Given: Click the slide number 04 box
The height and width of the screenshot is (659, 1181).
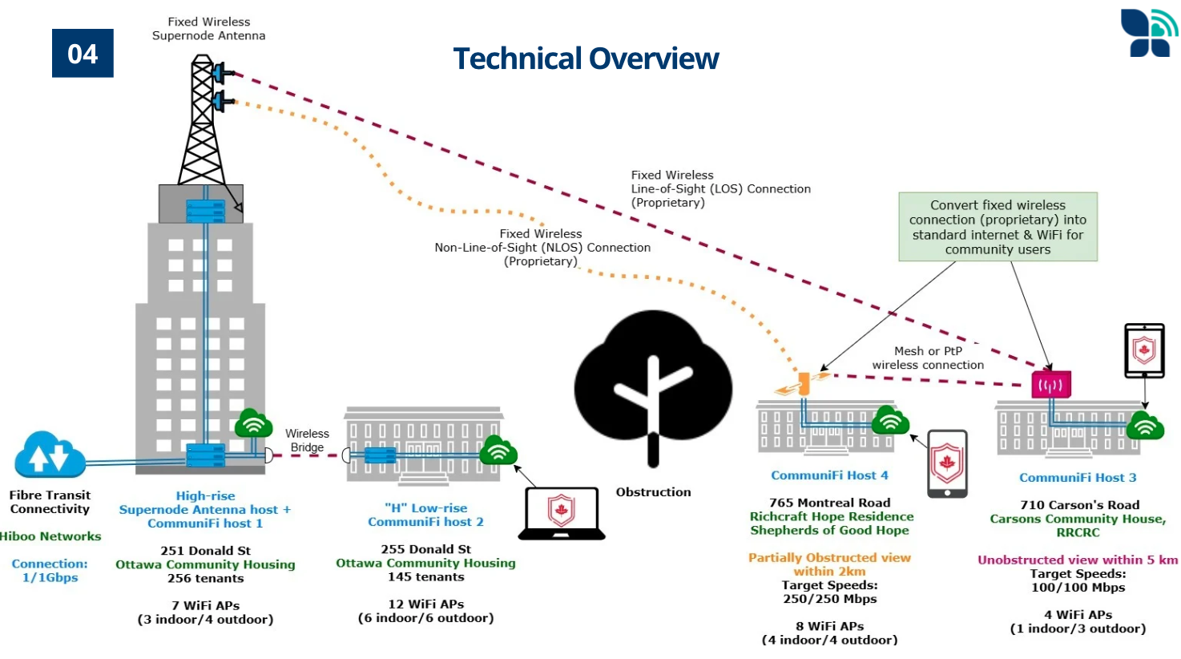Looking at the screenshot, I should click(x=83, y=54).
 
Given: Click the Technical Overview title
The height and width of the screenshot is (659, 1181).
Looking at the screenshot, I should click(x=586, y=59).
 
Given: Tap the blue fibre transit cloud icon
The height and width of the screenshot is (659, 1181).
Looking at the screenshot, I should click(x=50, y=455).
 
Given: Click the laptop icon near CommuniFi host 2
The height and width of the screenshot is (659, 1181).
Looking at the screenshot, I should click(x=562, y=512).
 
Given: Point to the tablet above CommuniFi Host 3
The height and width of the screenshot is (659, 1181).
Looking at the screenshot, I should click(x=1144, y=350).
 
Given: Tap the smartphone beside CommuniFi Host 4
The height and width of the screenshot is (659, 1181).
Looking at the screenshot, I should click(x=947, y=463).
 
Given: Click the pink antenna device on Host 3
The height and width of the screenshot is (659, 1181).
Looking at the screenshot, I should click(x=1050, y=385).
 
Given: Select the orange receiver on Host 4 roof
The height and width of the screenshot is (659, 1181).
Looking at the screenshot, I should click(x=803, y=384).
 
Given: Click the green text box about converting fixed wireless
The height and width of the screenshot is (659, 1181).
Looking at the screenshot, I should click(x=998, y=227).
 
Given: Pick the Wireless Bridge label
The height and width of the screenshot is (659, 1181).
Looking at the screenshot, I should click(x=307, y=440).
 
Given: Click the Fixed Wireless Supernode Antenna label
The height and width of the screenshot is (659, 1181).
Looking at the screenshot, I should click(x=208, y=29).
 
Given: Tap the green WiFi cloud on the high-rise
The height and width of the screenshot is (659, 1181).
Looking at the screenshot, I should click(x=253, y=423).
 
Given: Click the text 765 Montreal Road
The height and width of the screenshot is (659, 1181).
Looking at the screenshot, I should click(x=829, y=503).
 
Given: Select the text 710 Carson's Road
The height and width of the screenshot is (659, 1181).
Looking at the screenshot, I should click(x=1079, y=505).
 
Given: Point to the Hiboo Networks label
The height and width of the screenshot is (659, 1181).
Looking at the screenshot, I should click(x=50, y=536).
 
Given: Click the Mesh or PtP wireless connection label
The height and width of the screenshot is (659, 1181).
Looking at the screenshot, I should click(x=928, y=358).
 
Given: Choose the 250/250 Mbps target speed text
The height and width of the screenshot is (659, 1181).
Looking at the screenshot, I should click(x=829, y=599).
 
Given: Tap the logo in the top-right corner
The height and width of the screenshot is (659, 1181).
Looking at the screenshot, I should click(x=1149, y=33).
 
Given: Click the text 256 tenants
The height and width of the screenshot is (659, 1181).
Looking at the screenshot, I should click(x=205, y=578).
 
